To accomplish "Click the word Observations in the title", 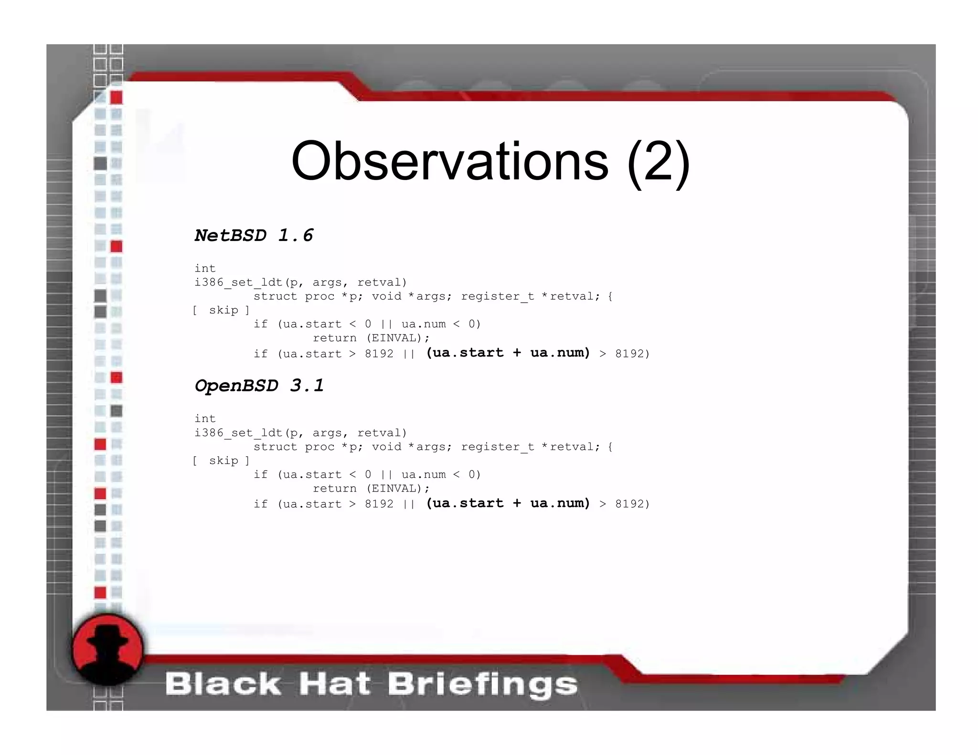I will [449, 161].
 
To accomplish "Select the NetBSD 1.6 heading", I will [254, 235].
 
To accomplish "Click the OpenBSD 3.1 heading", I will [259, 386].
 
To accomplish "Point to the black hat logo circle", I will [107, 650].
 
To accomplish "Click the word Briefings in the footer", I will [482, 684].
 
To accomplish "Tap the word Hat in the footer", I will [334, 684].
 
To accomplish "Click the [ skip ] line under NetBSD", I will [221, 310].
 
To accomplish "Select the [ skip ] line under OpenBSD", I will [221, 461].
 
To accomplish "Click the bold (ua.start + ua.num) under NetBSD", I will [508, 353].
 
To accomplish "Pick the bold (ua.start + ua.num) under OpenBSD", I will [508, 503].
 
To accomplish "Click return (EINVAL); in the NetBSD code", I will [371, 338].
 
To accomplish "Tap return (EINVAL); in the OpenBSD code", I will [371, 489].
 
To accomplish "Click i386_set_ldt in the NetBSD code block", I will [239, 283].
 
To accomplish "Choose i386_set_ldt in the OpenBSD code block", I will [239, 433].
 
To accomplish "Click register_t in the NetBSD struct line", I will [497, 296].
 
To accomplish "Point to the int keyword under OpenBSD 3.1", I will [205, 419].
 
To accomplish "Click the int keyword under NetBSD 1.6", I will [205, 268].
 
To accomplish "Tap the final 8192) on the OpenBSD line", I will [632, 504].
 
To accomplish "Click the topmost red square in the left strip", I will [116, 97].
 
